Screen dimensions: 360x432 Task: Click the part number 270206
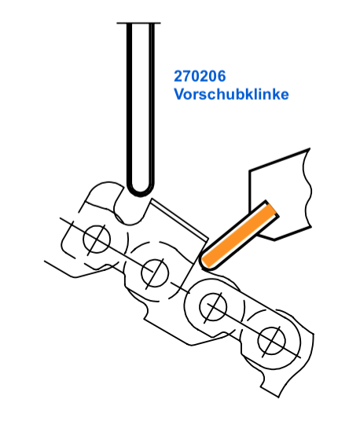click(x=200, y=76)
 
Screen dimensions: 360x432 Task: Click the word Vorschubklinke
click(x=231, y=94)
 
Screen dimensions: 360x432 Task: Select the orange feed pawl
click(x=239, y=235)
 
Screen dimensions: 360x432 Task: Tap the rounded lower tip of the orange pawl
click(x=205, y=263)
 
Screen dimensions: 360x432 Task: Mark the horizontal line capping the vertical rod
click(x=138, y=23)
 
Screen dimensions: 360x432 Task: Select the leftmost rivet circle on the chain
click(x=97, y=239)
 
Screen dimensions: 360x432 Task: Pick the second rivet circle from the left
click(x=155, y=273)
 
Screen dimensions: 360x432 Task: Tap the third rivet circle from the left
click(x=213, y=306)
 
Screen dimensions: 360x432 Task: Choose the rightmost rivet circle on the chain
click(x=271, y=341)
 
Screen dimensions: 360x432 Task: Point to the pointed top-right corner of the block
click(x=309, y=149)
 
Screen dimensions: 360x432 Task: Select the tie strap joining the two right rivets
click(x=243, y=324)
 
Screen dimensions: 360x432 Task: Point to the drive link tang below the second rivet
click(x=163, y=317)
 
